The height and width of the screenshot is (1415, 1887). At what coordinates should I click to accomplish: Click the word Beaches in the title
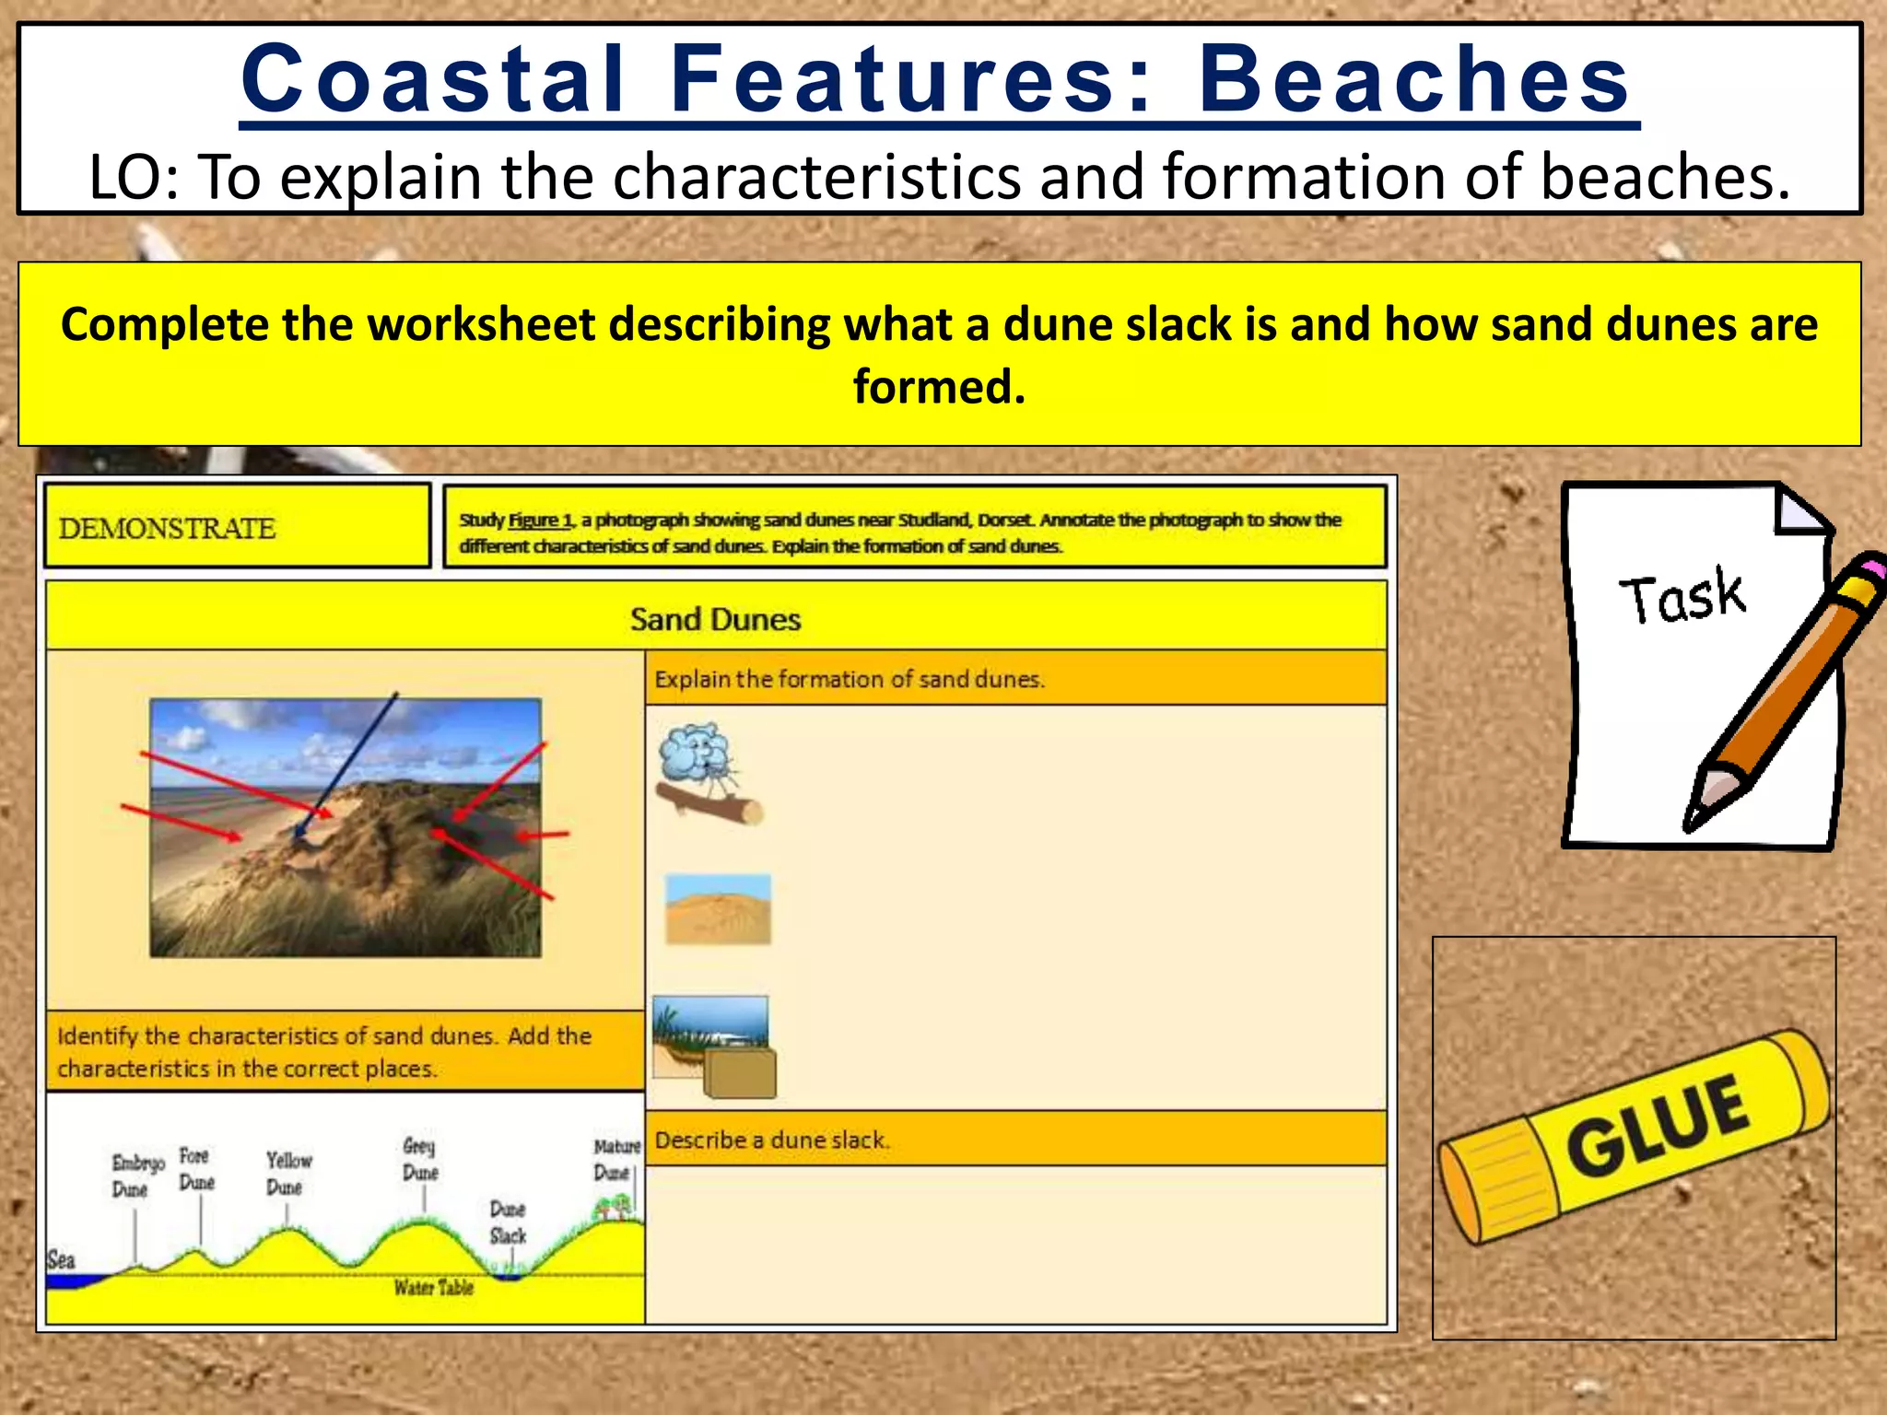click(1414, 80)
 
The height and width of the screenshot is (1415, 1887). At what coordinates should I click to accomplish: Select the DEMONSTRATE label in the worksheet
click(167, 529)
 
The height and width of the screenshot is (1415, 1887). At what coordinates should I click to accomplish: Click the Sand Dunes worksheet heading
click(715, 619)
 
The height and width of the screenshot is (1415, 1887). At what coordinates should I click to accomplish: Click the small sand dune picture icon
click(718, 909)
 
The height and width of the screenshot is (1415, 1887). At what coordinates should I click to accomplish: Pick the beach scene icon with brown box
click(714, 1047)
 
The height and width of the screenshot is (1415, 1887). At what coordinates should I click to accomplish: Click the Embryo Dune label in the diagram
click(136, 1175)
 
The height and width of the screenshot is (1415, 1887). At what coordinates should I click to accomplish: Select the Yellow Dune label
click(287, 1173)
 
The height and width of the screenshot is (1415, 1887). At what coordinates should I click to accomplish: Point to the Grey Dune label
click(420, 1159)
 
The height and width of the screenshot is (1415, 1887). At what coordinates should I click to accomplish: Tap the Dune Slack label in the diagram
click(508, 1222)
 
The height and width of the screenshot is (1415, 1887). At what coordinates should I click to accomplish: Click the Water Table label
click(433, 1288)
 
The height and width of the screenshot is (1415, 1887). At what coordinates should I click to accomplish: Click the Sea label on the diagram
click(61, 1259)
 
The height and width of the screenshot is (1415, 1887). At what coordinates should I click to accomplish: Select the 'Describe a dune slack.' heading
click(772, 1140)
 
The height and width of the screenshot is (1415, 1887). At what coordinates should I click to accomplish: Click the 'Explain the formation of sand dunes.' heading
click(849, 680)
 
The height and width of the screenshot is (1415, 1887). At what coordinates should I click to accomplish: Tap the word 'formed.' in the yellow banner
click(938, 387)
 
